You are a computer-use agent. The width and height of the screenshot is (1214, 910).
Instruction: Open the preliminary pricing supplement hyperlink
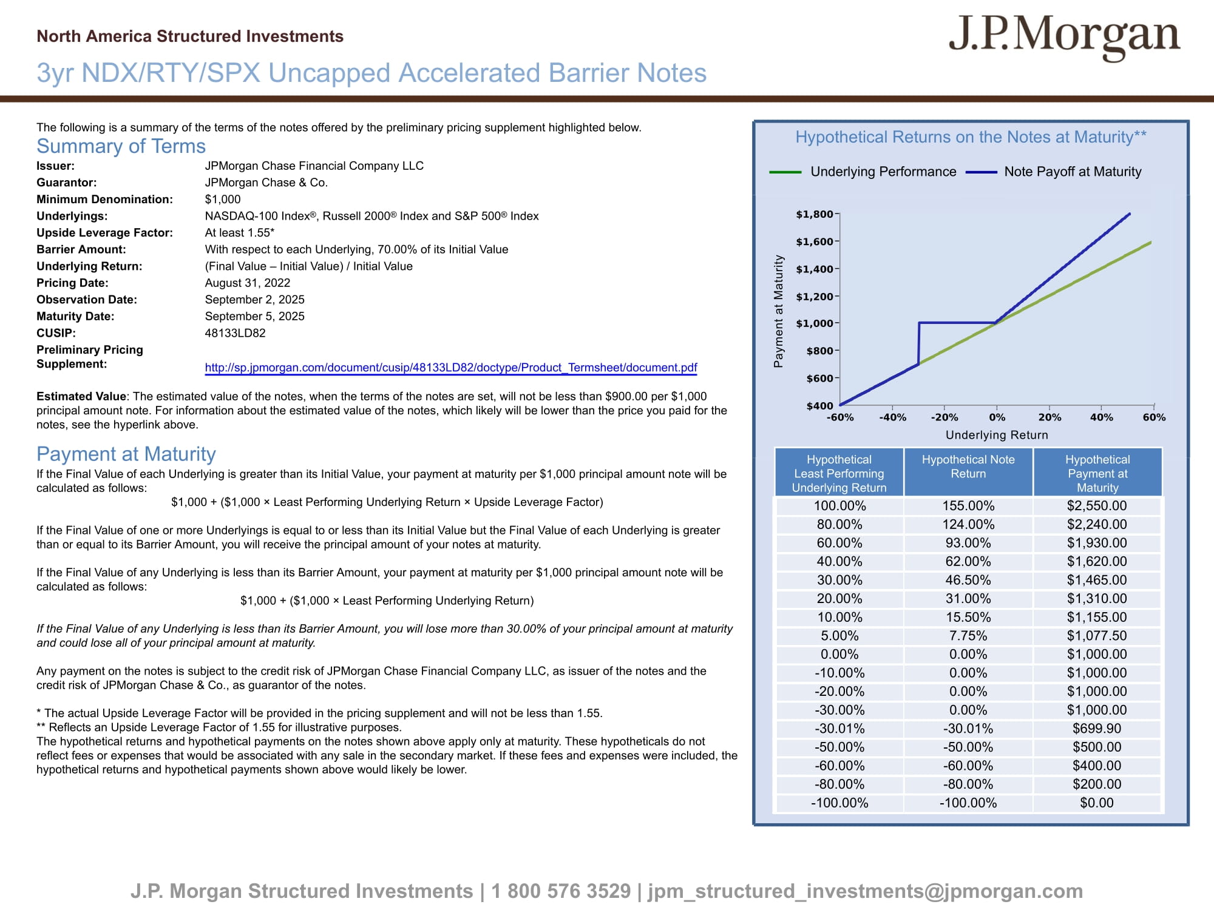(x=450, y=368)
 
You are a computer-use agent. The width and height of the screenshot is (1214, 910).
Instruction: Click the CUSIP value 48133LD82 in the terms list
(x=235, y=333)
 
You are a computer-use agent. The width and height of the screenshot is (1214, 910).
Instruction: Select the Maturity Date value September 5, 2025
(x=254, y=316)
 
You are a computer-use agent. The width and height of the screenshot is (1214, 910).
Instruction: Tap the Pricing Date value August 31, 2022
(x=247, y=283)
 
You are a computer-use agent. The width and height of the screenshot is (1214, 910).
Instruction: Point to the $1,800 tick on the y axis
(x=815, y=214)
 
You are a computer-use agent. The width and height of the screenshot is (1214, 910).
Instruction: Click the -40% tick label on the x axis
(x=892, y=417)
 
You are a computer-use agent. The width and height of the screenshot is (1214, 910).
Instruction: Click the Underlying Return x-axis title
(x=997, y=435)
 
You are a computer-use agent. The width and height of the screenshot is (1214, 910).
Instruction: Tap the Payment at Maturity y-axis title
(x=778, y=311)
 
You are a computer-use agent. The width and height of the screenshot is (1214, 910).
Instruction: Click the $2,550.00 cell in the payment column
(x=1097, y=506)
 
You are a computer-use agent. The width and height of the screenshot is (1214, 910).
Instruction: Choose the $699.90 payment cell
(x=1097, y=729)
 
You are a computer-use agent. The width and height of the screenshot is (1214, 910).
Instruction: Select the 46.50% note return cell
(x=968, y=580)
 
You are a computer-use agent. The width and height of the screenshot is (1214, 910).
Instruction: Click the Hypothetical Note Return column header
(x=968, y=467)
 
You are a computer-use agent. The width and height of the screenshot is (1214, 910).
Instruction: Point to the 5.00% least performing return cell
(x=839, y=636)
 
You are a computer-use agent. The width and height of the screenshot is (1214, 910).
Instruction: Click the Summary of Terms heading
(x=121, y=146)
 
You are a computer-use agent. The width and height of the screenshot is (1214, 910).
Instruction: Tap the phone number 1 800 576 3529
(x=561, y=891)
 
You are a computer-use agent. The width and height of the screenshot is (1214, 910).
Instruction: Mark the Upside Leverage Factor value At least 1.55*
(x=239, y=232)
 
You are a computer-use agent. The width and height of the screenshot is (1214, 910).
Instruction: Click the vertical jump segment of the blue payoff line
(x=919, y=343)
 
